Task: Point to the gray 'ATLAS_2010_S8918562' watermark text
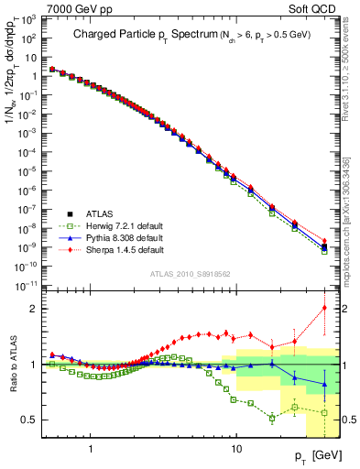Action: point(190,274)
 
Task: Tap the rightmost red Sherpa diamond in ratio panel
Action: point(324,308)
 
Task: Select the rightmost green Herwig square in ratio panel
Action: point(324,412)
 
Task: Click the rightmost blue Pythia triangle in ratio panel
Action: point(324,385)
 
